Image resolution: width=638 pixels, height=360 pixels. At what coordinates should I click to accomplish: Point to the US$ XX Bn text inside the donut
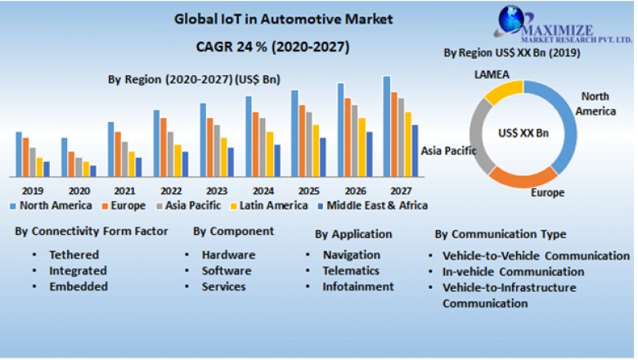coord(523,133)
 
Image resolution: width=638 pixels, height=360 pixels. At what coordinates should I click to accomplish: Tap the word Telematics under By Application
coord(351,271)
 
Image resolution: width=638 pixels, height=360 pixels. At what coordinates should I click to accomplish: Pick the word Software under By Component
coord(227,271)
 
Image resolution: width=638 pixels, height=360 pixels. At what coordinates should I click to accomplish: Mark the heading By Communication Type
coord(501,235)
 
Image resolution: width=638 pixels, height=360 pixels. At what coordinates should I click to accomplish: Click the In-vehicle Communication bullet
coord(513,272)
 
